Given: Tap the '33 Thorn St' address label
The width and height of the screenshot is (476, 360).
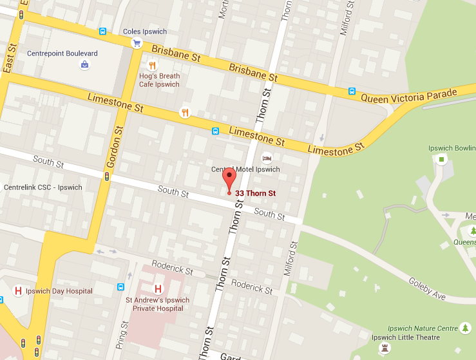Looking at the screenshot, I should tap(256, 193).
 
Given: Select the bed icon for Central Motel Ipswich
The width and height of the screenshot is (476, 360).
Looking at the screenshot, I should tap(266, 158).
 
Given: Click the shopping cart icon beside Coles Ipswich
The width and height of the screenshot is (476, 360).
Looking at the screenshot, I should tap(137, 43).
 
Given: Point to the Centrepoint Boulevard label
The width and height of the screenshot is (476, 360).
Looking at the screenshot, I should tap(62, 53).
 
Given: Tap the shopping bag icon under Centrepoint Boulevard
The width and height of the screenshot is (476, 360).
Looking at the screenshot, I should tap(84, 64).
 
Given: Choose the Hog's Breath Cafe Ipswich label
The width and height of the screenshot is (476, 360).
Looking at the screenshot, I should tap(159, 80).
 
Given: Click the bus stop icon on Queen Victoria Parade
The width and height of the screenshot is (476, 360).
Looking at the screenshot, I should tap(352, 91).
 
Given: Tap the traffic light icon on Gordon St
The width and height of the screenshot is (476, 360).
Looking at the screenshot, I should tap(107, 175).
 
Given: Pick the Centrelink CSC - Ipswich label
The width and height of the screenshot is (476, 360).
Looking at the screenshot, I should tap(43, 187).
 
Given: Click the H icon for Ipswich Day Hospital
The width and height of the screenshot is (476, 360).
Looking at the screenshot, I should tap(18, 291).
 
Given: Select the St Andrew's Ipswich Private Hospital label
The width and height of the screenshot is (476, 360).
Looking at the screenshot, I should tap(158, 304).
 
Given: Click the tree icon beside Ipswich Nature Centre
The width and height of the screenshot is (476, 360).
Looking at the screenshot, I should tap(465, 328).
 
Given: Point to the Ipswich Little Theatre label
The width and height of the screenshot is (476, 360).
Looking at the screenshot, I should tap(406, 337).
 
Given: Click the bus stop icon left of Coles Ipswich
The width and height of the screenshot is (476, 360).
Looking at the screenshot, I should tap(102, 31).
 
